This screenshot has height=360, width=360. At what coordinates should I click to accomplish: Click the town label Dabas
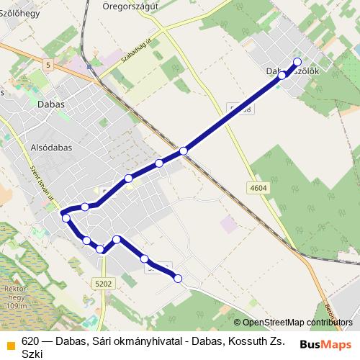coord(50,104)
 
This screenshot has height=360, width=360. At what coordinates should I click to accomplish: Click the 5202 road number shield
coord(103,284)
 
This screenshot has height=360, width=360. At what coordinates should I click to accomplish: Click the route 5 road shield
coord(48,66)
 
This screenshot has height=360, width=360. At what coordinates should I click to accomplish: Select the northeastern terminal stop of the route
coord(297,61)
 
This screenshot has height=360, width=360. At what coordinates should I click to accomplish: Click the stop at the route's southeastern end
coord(178,278)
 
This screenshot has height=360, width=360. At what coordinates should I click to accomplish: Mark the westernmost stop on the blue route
coord(66,217)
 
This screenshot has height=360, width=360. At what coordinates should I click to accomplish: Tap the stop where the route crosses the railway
coord(184,150)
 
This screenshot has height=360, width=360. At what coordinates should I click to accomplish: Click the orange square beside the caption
coord(9,346)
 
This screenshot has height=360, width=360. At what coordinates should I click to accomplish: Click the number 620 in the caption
coord(30,341)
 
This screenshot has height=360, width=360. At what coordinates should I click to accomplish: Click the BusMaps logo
coord(326,344)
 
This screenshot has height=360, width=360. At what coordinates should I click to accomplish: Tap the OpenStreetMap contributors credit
coord(297,322)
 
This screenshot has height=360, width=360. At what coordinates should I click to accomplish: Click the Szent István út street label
coord(33,184)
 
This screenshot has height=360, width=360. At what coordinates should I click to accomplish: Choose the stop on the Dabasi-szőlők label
coord(282,74)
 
